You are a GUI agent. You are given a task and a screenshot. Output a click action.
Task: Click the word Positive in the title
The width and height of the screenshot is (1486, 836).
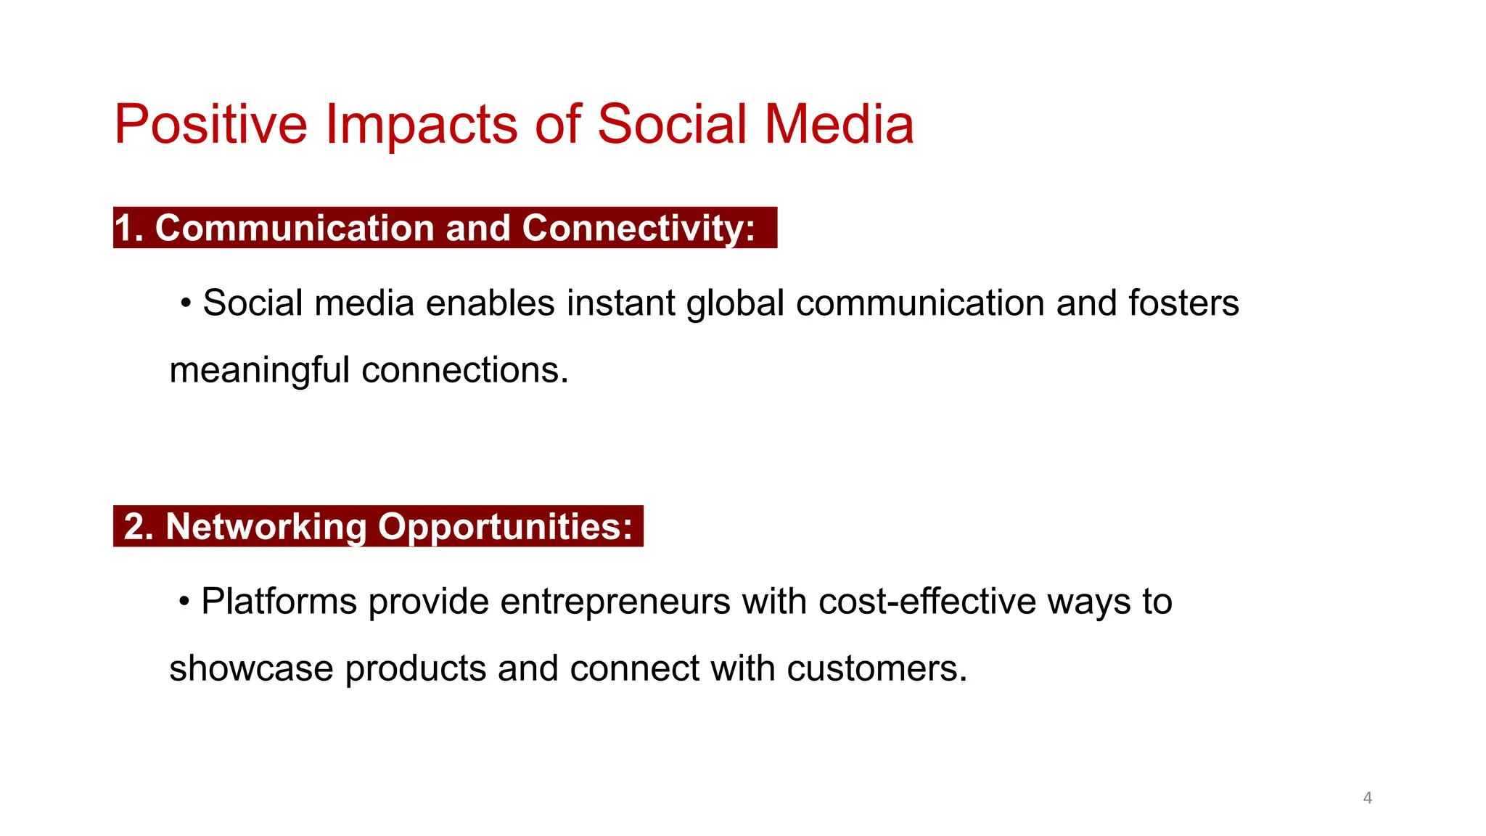pos(210,124)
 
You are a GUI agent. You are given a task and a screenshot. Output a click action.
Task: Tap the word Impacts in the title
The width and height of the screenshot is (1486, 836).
pos(421,124)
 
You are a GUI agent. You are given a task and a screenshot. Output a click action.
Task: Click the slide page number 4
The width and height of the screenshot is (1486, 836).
pos(1367,798)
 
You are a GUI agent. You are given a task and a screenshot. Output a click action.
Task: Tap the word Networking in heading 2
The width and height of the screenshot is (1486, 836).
pos(266,526)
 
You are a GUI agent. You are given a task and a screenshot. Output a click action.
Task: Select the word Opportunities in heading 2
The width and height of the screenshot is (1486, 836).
pos(505,526)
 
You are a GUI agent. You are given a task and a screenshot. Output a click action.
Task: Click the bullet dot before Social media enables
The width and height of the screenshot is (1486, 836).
pos(186,303)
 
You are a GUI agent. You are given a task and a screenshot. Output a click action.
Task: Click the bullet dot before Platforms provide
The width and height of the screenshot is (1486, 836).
pos(184,601)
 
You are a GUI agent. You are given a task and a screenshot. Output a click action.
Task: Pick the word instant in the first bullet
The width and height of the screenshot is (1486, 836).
pos(620,303)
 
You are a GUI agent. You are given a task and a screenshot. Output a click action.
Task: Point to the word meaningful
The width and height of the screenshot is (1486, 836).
pos(259,370)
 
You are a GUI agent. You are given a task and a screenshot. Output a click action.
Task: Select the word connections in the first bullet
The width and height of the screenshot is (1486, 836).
pos(464,370)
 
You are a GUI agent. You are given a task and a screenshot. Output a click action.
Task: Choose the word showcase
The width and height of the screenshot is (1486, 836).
pos(251,668)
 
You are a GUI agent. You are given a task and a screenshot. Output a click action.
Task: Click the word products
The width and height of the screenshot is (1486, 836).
pos(415,668)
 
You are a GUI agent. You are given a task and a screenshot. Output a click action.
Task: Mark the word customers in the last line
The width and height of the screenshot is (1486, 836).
pos(876,668)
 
